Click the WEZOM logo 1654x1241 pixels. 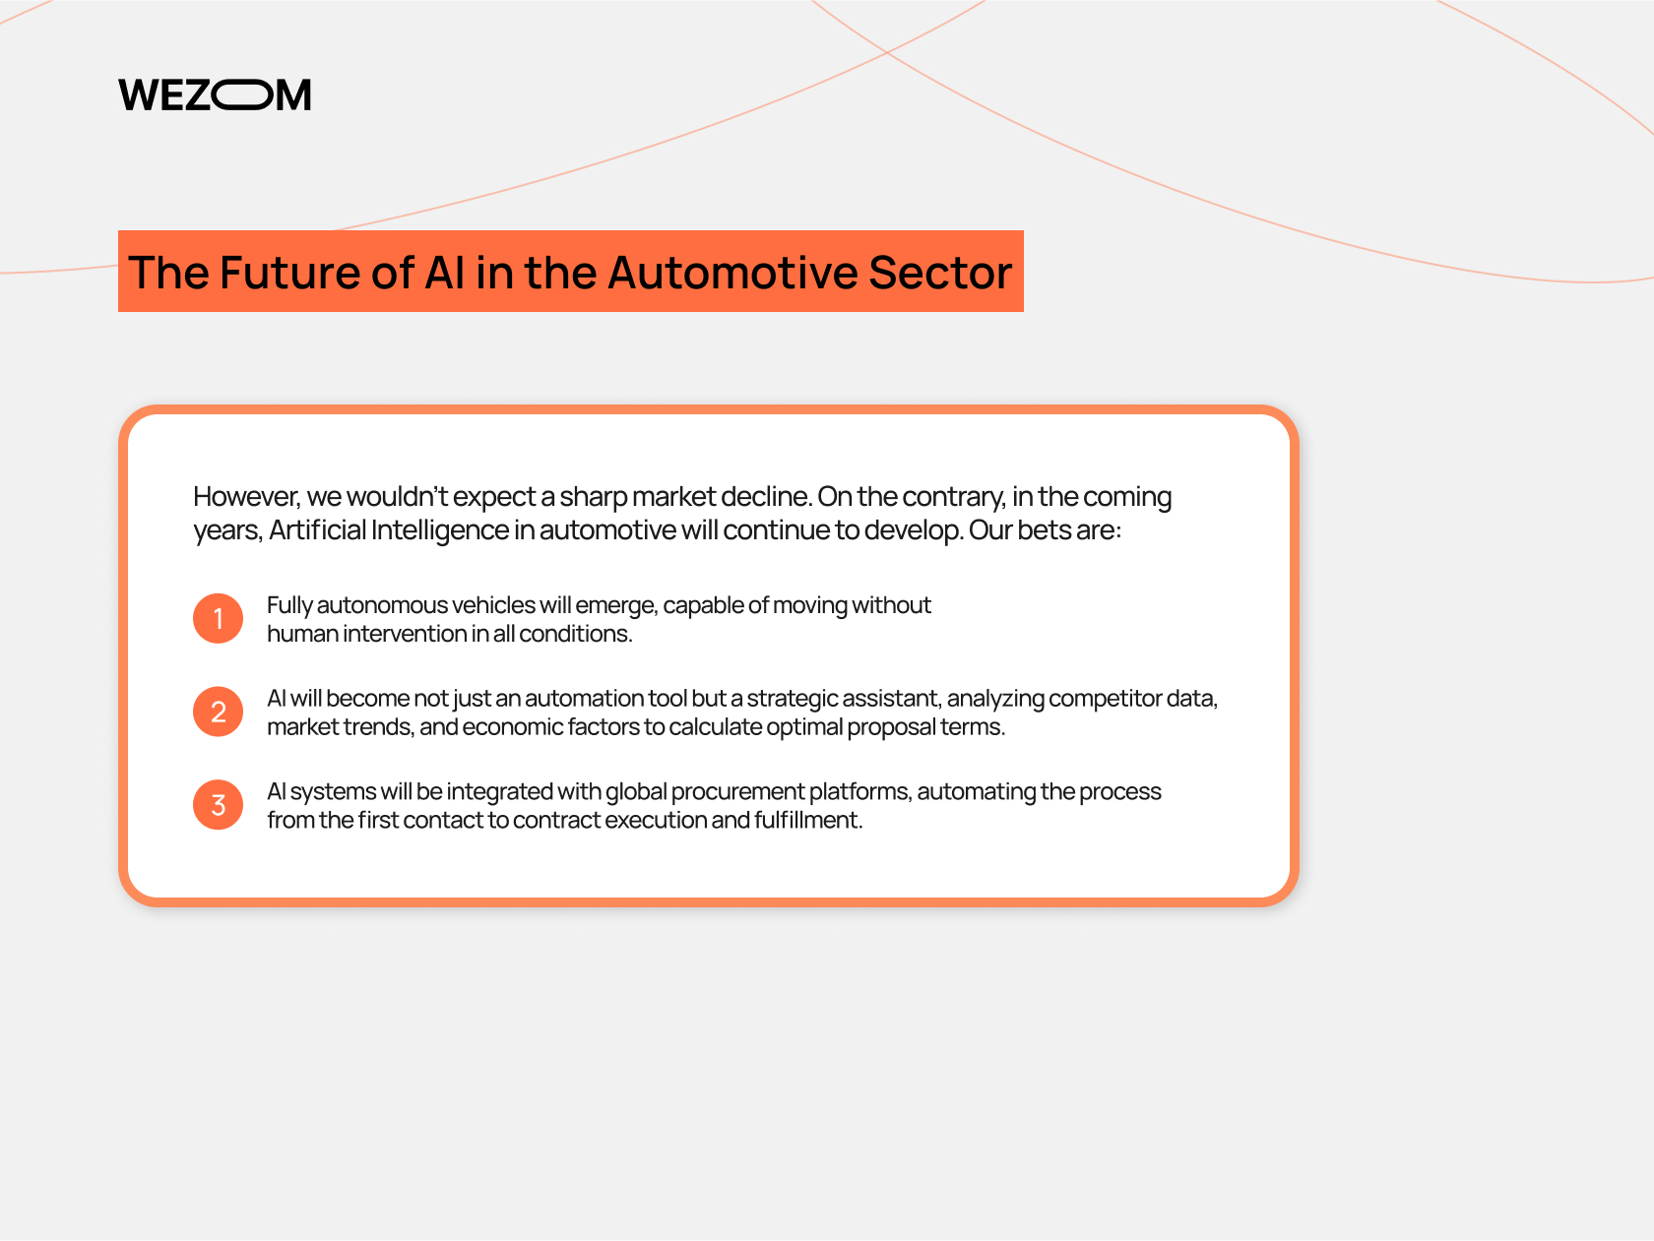[x=215, y=94]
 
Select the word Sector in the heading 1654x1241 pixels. [x=939, y=272]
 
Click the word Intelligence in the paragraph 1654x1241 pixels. [x=439, y=530]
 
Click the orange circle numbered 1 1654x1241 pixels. [x=218, y=618]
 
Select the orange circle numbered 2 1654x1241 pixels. [x=218, y=712]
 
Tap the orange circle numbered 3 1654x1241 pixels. [x=218, y=805]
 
